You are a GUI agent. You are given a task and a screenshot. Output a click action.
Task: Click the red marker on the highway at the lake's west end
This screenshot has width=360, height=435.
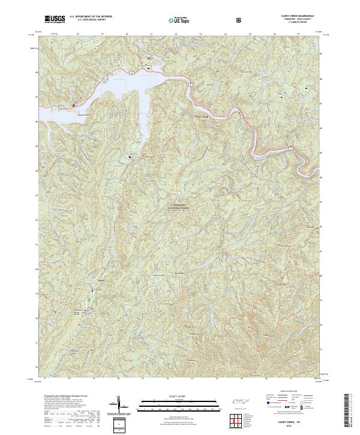pos(73,106)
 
